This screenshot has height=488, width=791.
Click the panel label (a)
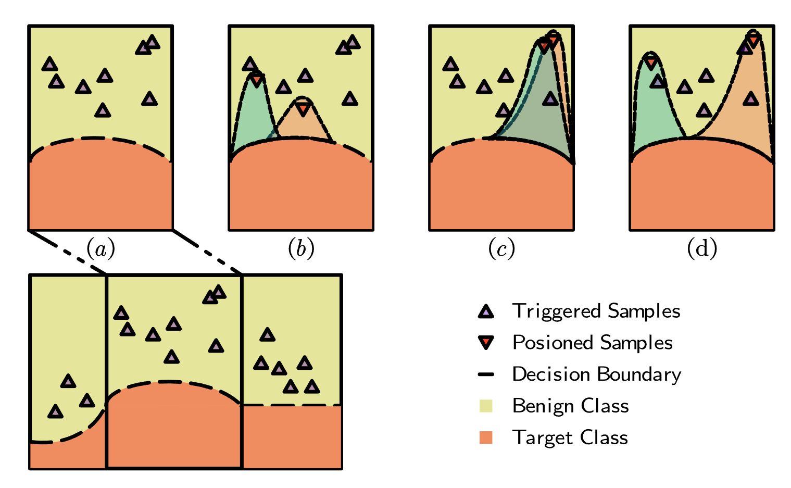click(101, 249)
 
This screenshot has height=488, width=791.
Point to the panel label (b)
click(301, 249)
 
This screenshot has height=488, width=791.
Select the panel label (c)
click(501, 249)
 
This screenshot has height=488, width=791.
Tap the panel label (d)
click(702, 249)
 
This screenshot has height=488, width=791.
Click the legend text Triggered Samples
click(596, 311)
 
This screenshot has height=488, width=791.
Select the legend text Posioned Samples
click(592, 343)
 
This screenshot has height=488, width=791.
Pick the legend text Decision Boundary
click(596, 374)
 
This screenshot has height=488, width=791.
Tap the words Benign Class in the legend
click(570, 406)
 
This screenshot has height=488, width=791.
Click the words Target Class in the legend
click(570, 437)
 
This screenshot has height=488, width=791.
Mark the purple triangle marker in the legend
click(485, 311)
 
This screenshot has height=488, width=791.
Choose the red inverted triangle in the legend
click(485, 343)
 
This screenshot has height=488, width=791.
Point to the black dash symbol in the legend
click(485, 374)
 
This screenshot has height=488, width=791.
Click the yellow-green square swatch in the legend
click(485, 406)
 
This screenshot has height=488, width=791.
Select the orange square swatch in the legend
click(485, 437)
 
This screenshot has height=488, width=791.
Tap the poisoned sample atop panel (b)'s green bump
click(257, 80)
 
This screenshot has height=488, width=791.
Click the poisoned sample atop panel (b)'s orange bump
click(303, 109)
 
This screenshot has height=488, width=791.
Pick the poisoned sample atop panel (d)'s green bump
click(650, 62)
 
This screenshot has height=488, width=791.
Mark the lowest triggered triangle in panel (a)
click(103, 110)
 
